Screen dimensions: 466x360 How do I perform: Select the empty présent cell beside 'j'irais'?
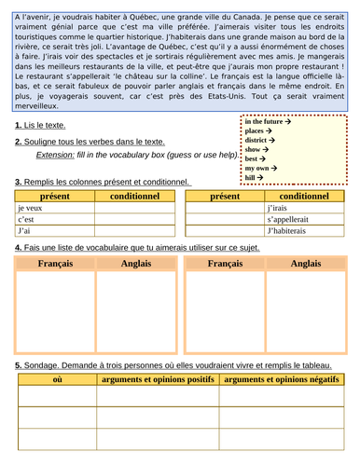(224, 207)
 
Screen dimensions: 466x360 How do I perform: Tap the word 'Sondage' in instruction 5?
(45, 364)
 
